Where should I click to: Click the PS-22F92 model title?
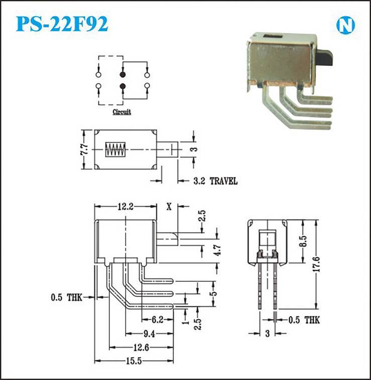(62, 24)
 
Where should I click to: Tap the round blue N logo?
(345, 25)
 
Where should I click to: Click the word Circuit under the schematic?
(121, 112)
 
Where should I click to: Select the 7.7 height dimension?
(84, 149)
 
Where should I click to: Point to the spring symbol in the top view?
(115, 149)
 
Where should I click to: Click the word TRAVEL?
(223, 181)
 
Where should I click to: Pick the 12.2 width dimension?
(126, 207)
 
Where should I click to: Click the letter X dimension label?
(169, 207)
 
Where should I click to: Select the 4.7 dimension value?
(218, 250)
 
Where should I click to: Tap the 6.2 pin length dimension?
(158, 320)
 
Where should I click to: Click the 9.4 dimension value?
(149, 334)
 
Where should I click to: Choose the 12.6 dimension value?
(141, 348)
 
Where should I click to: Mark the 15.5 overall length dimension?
(134, 361)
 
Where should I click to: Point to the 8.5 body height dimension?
(303, 241)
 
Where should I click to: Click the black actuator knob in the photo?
(325, 58)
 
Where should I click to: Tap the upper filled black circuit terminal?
(123, 75)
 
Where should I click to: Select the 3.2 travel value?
(199, 181)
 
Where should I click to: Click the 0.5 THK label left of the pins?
(66, 297)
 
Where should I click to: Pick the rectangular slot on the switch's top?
(273, 37)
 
